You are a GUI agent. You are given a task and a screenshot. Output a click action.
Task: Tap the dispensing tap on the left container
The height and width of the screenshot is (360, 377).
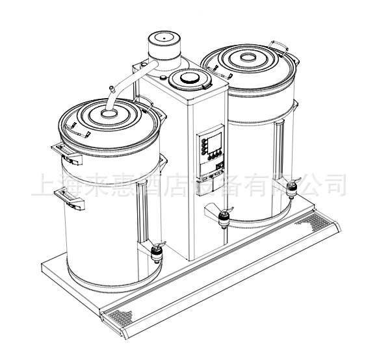(156, 250)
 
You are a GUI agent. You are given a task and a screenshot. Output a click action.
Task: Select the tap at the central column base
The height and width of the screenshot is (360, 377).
(222, 217)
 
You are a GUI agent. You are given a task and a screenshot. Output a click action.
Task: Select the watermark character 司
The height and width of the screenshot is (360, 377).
(331, 186)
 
